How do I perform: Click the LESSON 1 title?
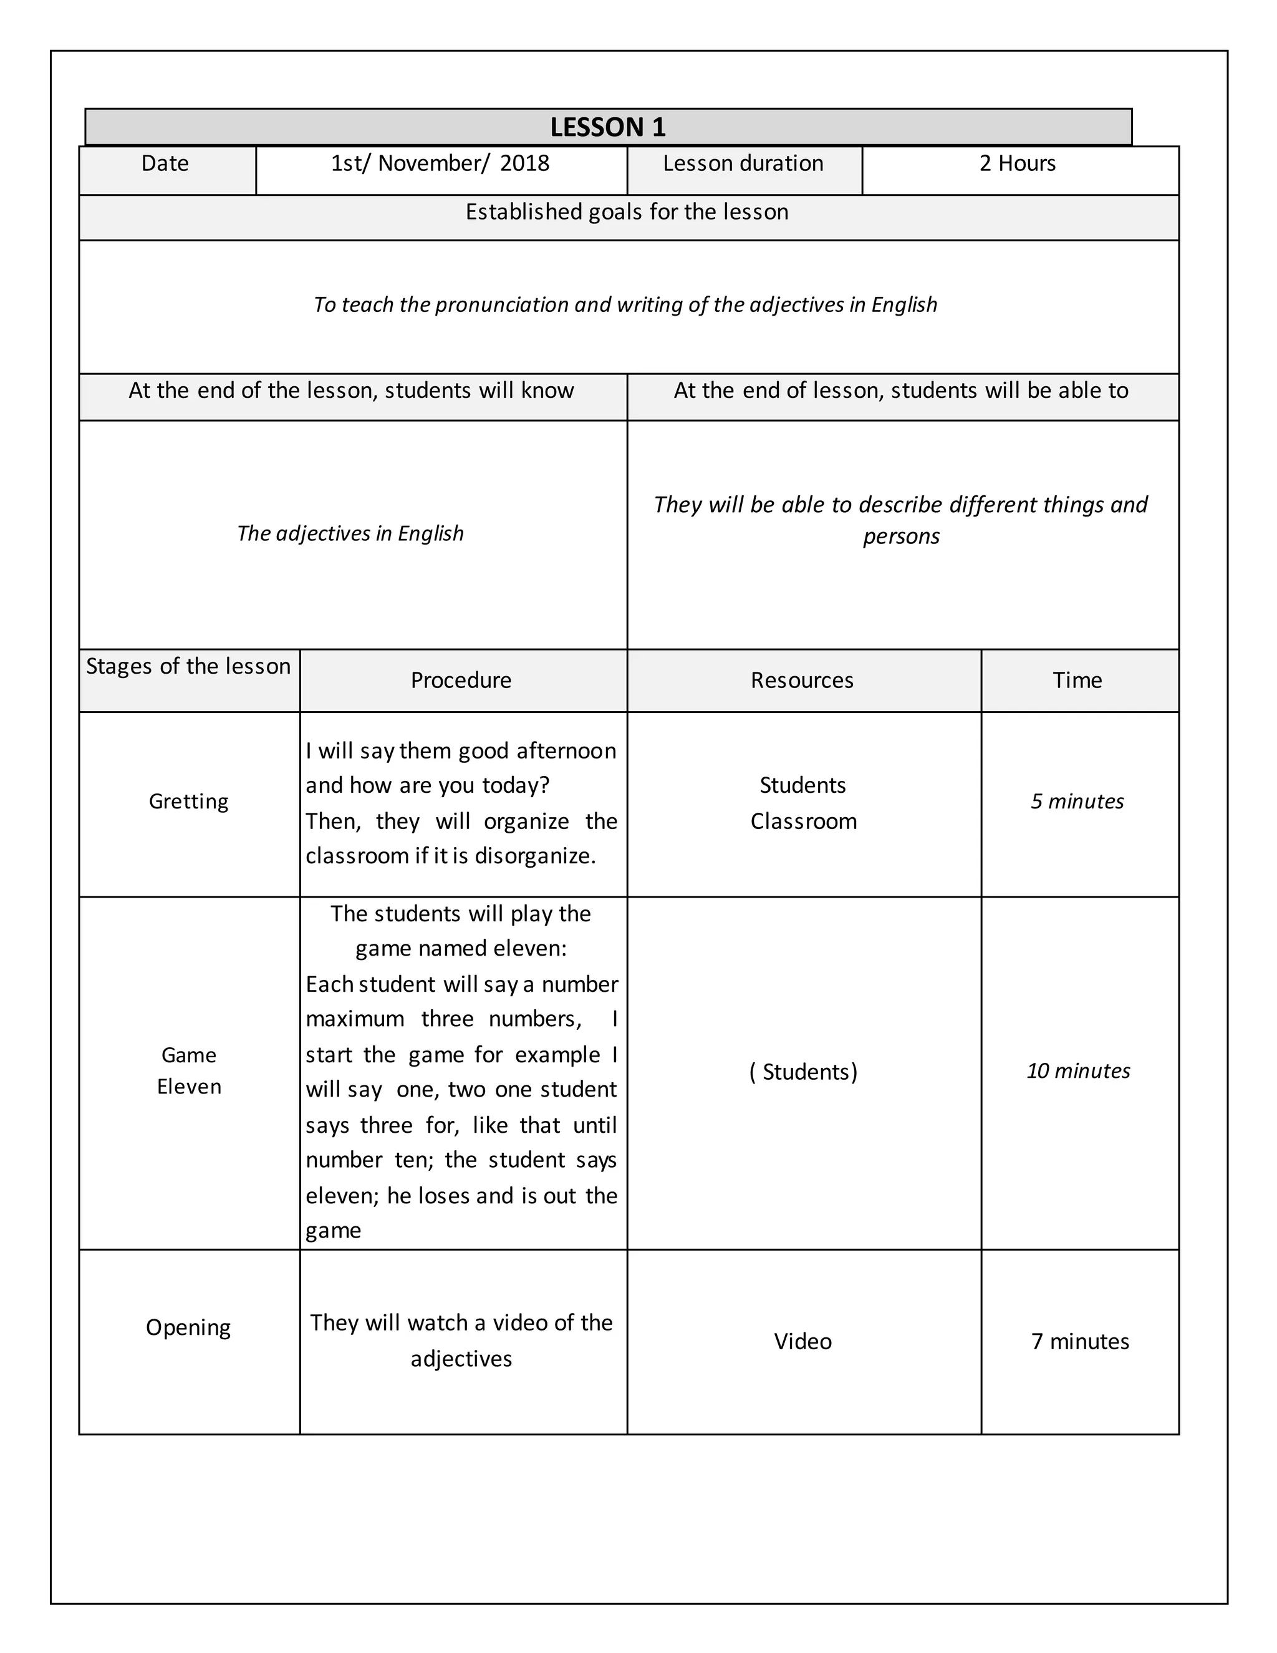pyautogui.click(x=607, y=127)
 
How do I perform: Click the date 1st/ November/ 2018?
pyautogui.click(x=440, y=163)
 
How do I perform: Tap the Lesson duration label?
pyautogui.click(x=743, y=163)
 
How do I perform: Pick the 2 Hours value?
pyautogui.click(x=1017, y=163)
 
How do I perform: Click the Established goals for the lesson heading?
pyautogui.click(x=627, y=212)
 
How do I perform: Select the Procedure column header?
pyautogui.click(x=461, y=680)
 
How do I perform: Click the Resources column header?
pyautogui.click(x=802, y=680)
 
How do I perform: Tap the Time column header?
pyautogui.click(x=1077, y=680)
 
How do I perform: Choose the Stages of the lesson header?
pyautogui.click(x=188, y=666)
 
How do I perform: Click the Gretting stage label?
pyautogui.click(x=188, y=801)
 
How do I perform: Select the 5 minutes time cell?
pyautogui.click(x=1077, y=801)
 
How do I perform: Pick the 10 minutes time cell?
pyautogui.click(x=1078, y=1070)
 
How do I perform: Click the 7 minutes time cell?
pyautogui.click(x=1079, y=1341)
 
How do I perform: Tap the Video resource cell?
pyautogui.click(x=802, y=1341)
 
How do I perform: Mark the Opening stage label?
pyautogui.click(x=188, y=1327)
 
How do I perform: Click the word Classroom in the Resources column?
pyautogui.click(x=803, y=822)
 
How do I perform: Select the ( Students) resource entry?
pyautogui.click(x=802, y=1072)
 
